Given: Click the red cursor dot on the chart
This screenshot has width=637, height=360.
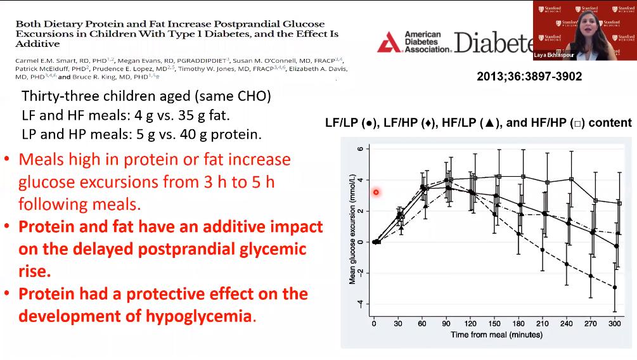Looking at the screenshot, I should point(376,192).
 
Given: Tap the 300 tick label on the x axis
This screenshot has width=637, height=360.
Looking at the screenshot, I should point(614,323).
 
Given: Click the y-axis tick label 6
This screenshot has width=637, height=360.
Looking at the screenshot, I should point(359,149).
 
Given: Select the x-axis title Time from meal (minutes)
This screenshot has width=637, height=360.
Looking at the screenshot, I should point(496,335).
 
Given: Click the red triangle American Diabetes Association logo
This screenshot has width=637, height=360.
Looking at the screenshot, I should point(388,43).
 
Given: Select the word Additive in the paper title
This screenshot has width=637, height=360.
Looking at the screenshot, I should point(37,44).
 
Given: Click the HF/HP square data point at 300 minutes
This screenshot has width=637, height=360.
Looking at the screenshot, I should point(619,203).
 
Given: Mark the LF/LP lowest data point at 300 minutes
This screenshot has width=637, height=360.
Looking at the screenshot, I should point(614,287).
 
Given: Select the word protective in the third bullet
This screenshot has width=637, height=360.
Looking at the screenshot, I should point(168,294).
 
